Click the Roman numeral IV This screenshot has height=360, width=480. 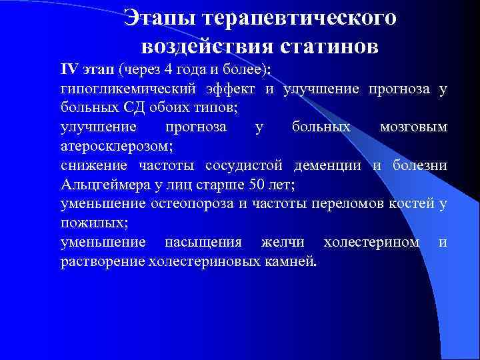(x=69, y=71)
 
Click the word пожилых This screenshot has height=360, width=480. (x=88, y=222)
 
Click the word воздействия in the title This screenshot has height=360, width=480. (x=203, y=47)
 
